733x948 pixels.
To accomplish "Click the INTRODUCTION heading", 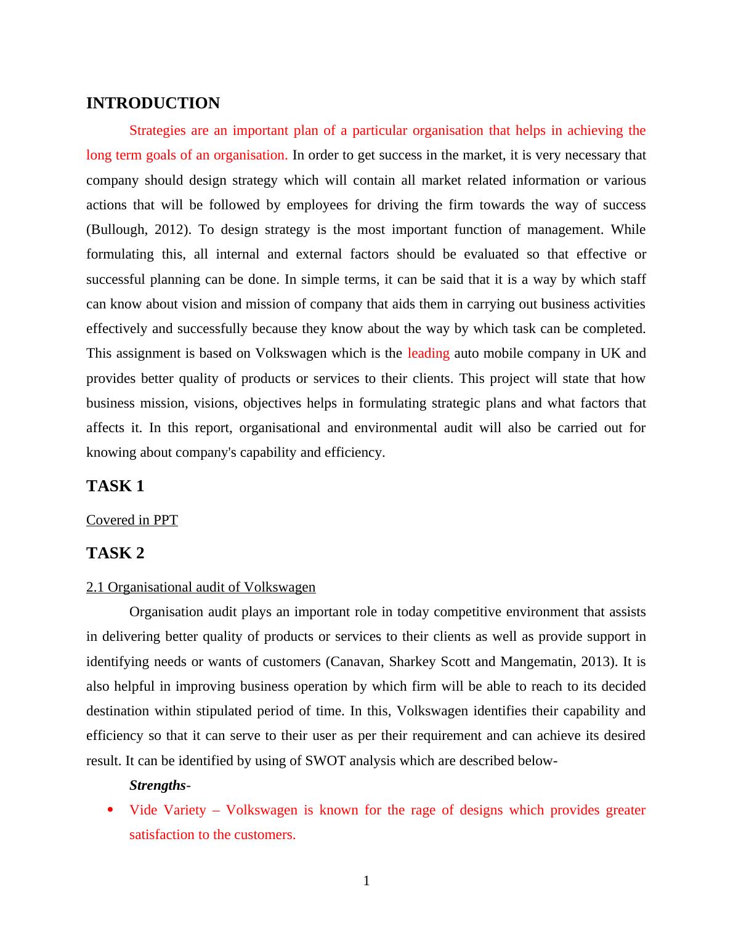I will [x=153, y=103].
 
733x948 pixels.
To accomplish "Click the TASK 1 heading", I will [x=115, y=486].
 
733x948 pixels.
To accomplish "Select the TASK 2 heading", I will [x=115, y=553].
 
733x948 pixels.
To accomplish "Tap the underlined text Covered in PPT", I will [x=132, y=520].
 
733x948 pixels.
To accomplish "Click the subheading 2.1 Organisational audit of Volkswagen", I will [x=201, y=587].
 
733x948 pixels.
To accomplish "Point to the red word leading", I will [x=428, y=353].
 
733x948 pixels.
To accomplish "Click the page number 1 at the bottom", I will [x=366, y=881].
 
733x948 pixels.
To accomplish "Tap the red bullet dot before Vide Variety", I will [x=110, y=810].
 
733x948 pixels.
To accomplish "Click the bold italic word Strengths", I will [x=157, y=785].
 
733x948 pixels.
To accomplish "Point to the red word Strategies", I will [x=157, y=131].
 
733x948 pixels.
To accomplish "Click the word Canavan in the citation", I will [x=354, y=662].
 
